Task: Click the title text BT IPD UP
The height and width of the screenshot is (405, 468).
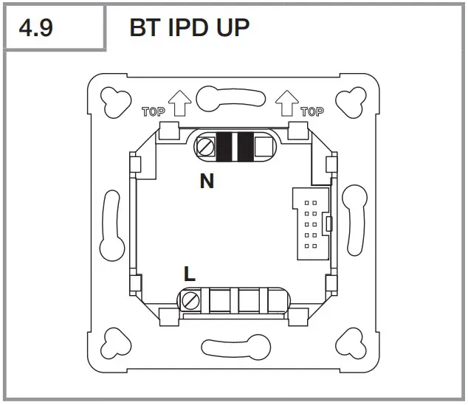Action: pyautogui.click(x=189, y=28)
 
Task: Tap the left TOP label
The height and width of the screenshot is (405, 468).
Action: pyautogui.click(x=153, y=112)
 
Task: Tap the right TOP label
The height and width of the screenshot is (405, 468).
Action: pyautogui.click(x=312, y=112)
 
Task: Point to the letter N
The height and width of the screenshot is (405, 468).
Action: pyautogui.click(x=207, y=181)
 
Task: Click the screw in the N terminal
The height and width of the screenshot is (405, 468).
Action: pyautogui.click(x=204, y=148)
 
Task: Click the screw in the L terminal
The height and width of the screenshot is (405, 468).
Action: pyautogui.click(x=192, y=300)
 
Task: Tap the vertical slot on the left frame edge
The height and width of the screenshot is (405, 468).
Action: pyautogui.click(x=111, y=223)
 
